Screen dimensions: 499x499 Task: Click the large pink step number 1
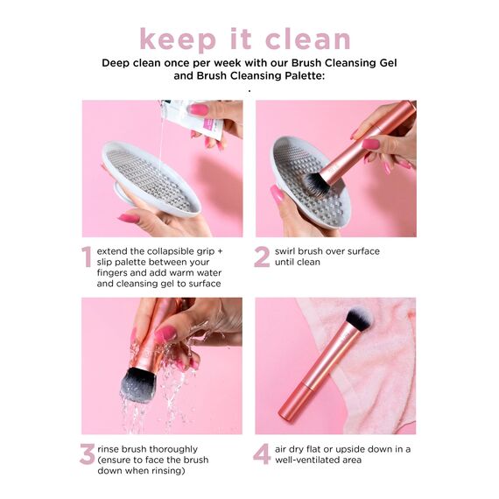(x=87, y=257)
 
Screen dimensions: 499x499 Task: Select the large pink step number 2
(x=262, y=257)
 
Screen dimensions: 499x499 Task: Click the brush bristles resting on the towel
(x=359, y=319)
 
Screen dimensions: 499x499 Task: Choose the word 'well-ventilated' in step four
(x=314, y=460)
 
